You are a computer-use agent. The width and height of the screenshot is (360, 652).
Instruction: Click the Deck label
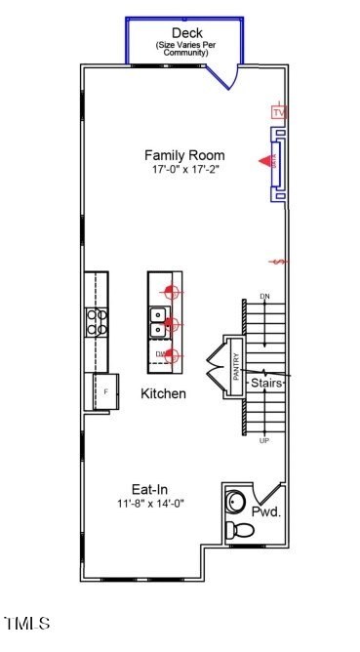(185, 33)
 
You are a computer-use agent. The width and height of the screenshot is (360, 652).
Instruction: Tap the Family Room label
(184, 155)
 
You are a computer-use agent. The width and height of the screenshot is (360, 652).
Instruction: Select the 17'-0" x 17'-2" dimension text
(184, 170)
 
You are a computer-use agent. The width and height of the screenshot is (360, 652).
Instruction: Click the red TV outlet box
(280, 113)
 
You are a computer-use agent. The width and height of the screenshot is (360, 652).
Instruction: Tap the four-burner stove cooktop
(97, 321)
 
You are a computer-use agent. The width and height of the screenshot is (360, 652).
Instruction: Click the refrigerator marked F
(105, 390)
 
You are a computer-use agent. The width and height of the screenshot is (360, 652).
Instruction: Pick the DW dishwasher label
(159, 353)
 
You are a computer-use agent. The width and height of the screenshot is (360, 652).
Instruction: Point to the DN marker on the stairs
(263, 296)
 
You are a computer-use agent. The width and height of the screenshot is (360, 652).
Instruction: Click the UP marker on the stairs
(263, 441)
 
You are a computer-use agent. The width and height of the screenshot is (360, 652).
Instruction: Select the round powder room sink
(235, 503)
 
